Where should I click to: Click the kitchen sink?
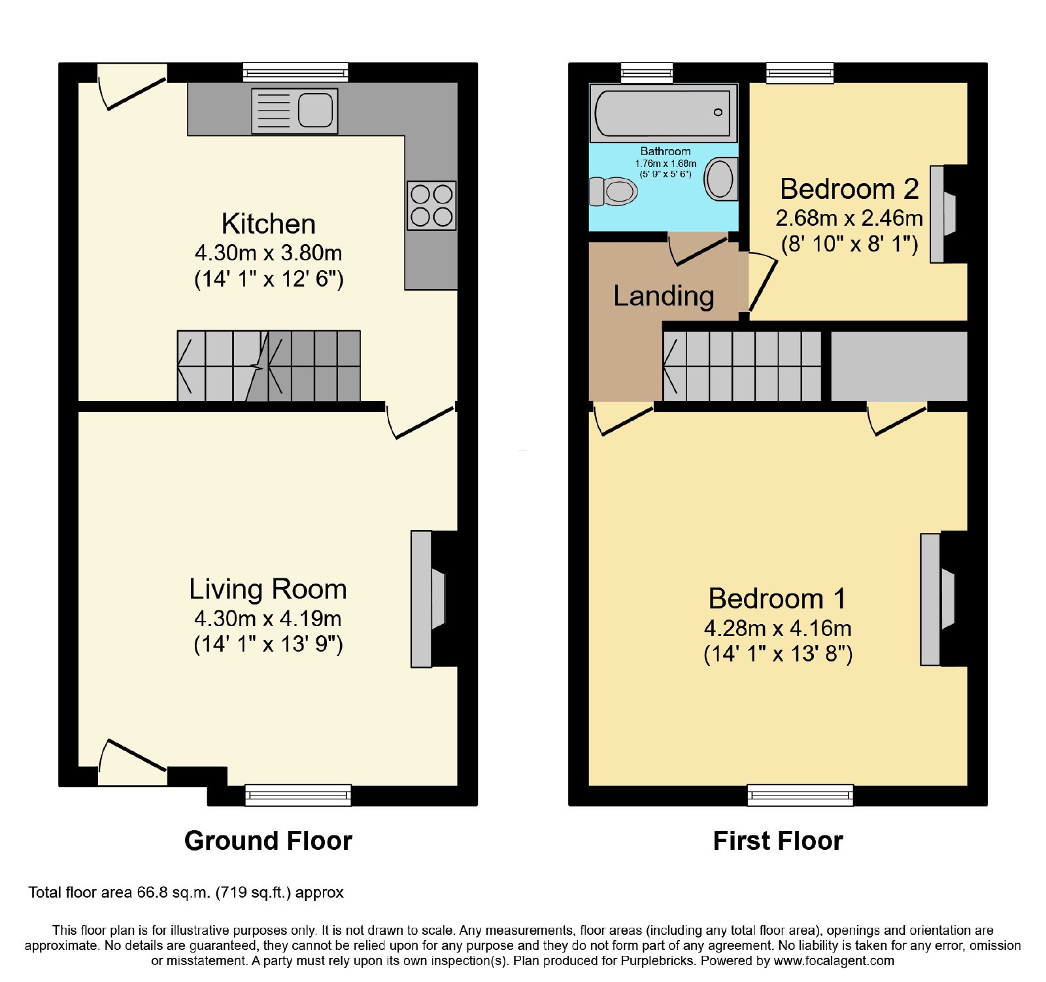pos(294,111)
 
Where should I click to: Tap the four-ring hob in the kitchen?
pos(431,205)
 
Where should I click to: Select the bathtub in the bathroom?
pos(664,113)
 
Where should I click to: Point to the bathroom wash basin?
pos(721,179)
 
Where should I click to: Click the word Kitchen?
pos(269,224)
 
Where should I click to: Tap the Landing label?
pos(664,296)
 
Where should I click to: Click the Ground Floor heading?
pos(268,841)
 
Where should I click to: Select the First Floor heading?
pos(778,841)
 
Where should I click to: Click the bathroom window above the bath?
pos(647,73)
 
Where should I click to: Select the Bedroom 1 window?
pos(800,795)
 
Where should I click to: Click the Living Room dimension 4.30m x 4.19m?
pos(268,618)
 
